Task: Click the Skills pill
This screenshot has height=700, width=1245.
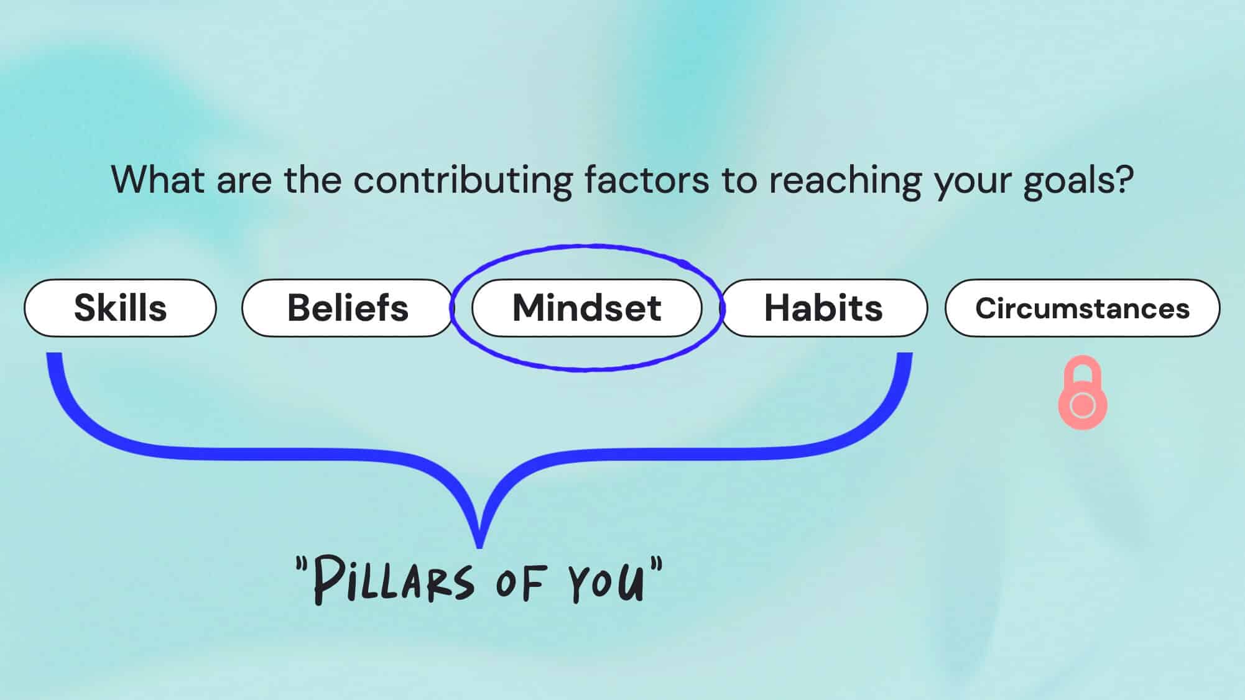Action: click(x=120, y=308)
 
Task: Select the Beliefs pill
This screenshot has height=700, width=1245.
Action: click(x=348, y=308)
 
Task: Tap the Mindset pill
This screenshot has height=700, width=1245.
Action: click(x=586, y=308)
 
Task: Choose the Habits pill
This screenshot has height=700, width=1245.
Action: click(x=823, y=308)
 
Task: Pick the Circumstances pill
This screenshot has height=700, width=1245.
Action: click(x=1082, y=308)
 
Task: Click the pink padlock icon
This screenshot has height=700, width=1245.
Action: click(x=1083, y=398)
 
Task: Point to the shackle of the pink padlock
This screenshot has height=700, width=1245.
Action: click(x=1083, y=370)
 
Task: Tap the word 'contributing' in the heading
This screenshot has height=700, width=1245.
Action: click(x=463, y=180)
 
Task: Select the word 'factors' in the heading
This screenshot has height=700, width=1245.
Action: click(x=647, y=180)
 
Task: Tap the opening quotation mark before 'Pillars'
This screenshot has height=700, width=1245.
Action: click(x=302, y=565)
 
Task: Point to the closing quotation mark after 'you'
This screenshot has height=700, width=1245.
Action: click(x=657, y=565)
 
